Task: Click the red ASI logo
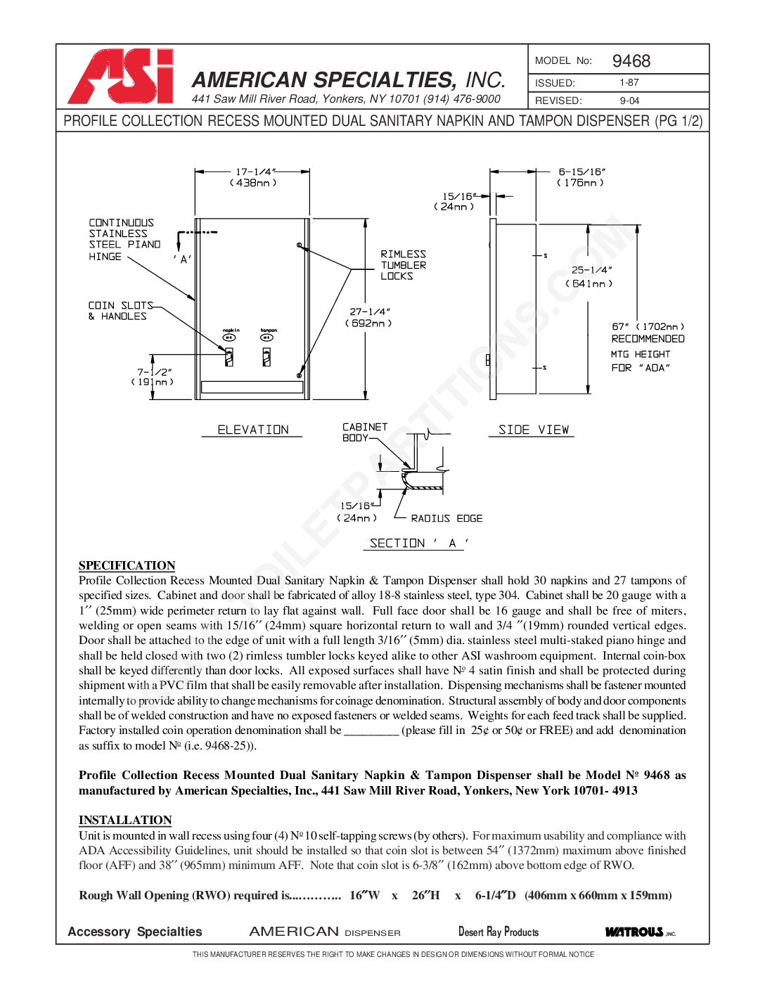121,77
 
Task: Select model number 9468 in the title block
631,60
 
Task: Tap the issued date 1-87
629,82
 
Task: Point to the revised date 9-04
629,101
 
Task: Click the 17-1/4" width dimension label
253,177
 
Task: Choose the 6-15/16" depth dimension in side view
580,177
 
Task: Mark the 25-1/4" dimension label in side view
589,276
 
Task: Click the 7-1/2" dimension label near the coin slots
152,378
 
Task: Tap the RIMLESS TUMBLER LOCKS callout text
403,264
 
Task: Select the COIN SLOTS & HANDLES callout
120,311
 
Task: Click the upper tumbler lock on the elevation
299,245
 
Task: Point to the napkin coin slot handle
229,357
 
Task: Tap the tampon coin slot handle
266,357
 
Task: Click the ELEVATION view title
253,430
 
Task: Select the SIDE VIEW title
534,430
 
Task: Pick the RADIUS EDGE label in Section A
446,518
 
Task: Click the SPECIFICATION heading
127,565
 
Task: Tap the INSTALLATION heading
125,820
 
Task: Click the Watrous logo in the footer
640,932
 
